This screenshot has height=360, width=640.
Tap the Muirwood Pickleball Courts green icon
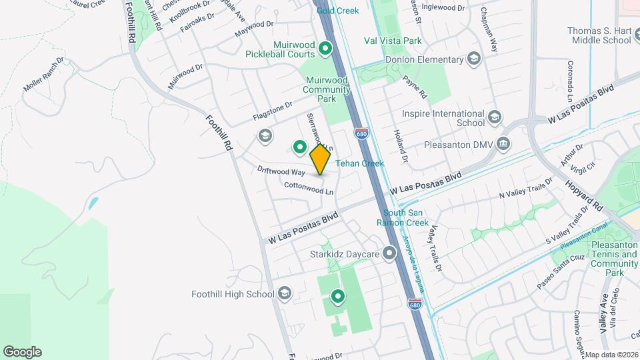point(325,48)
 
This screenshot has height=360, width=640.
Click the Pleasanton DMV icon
point(503,143)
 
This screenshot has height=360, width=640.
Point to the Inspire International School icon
point(494,118)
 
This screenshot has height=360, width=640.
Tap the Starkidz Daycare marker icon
point(389,254)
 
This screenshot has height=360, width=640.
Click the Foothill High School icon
point(285,294)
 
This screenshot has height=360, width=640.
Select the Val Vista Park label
point(393,41)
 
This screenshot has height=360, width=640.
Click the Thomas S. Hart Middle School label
point(599,35)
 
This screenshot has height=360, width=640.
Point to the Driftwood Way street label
point(281,171)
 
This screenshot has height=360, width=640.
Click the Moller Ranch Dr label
point(43,75)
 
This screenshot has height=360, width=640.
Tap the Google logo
point(22,352)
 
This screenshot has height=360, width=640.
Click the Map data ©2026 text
point(611,355)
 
